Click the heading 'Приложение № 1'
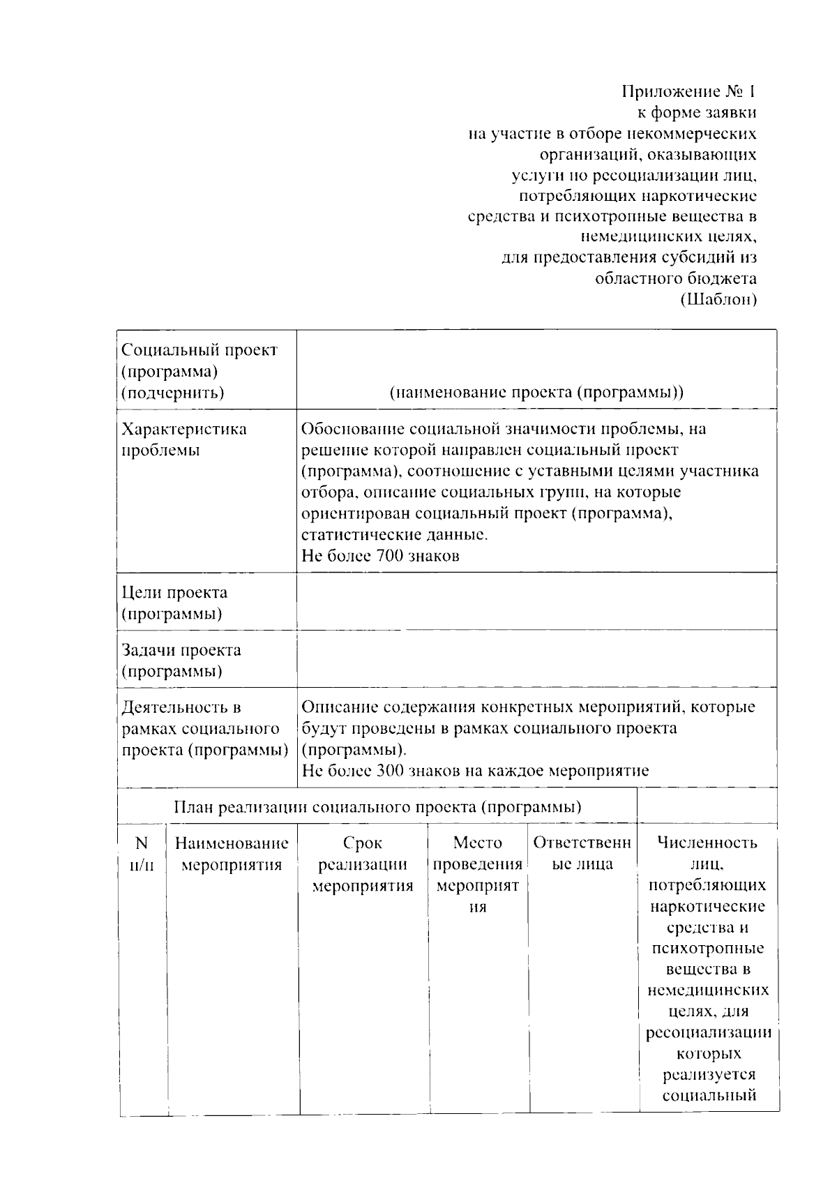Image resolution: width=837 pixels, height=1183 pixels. pos(688,92)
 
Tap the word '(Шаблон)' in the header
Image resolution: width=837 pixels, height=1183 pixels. pos(718,300)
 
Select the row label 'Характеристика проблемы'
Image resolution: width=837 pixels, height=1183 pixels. pos(184,439)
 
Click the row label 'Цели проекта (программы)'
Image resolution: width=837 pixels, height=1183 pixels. pos(174,603)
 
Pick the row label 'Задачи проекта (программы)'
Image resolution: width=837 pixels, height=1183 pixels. pos(181,661)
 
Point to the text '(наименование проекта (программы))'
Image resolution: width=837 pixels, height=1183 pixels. pos(536,392)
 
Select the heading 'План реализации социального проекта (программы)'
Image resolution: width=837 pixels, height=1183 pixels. pos(377,807)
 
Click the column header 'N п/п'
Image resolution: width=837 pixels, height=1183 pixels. pos(142,854)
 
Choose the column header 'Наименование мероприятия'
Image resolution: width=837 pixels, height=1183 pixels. pos(232,854)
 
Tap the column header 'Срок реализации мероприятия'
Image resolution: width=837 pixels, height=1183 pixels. pos(363,865)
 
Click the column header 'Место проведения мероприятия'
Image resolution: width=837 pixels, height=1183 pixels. pos(478,875)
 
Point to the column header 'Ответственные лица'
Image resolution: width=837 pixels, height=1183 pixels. pos(582,854)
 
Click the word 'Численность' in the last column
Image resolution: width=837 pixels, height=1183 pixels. pos(707,843)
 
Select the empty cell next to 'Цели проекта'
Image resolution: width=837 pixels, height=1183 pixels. pos(536,601)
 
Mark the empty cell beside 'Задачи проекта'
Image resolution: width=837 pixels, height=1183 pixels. pos(536,658)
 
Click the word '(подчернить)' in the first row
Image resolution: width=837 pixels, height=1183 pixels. pos(173,393)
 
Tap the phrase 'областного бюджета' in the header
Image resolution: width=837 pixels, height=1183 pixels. pos(675,279)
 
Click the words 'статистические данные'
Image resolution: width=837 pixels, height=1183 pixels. pos(394,535)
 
